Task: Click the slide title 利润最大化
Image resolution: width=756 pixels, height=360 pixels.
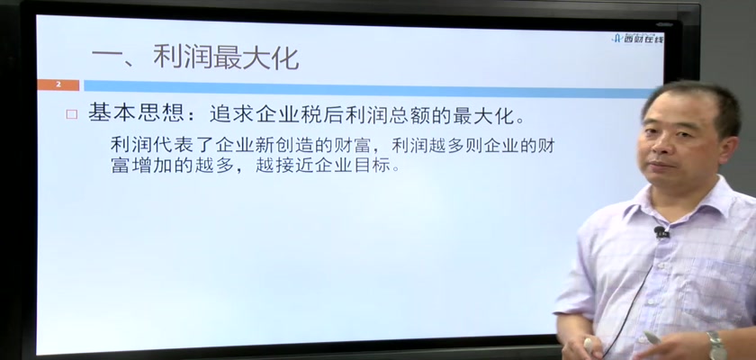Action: (226, 58)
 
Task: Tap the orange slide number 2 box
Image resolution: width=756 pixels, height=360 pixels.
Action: (58, 85)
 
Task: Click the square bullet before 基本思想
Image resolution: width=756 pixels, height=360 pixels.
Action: (72, 114)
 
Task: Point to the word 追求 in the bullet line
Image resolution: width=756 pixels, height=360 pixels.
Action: (233, 114)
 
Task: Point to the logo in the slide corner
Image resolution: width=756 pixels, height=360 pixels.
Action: (637, 39)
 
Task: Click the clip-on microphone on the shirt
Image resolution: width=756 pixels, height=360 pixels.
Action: (661, 233)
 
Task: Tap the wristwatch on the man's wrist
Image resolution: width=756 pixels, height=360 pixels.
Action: (717, 345)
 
